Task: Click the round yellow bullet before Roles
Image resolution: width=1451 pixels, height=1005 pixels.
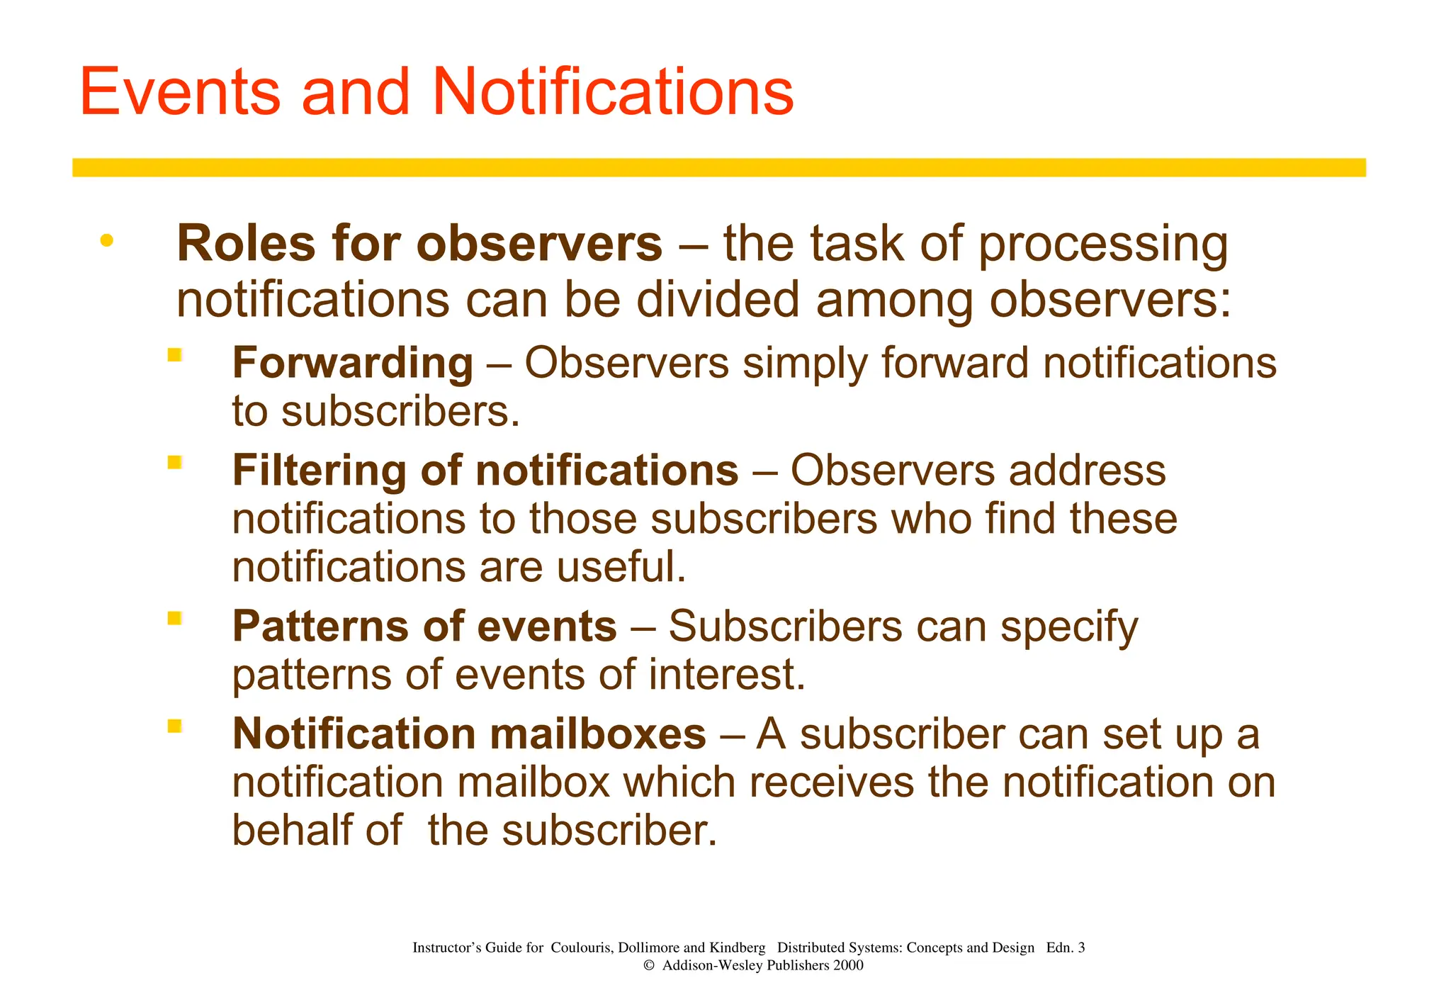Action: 106,241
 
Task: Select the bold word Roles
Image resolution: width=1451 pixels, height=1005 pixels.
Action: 245,244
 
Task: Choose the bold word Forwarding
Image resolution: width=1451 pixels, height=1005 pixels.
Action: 352,364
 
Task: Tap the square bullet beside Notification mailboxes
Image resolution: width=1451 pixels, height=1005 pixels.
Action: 174,726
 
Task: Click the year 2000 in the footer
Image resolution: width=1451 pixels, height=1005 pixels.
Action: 848,965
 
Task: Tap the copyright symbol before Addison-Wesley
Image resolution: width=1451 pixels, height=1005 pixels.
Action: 648,965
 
